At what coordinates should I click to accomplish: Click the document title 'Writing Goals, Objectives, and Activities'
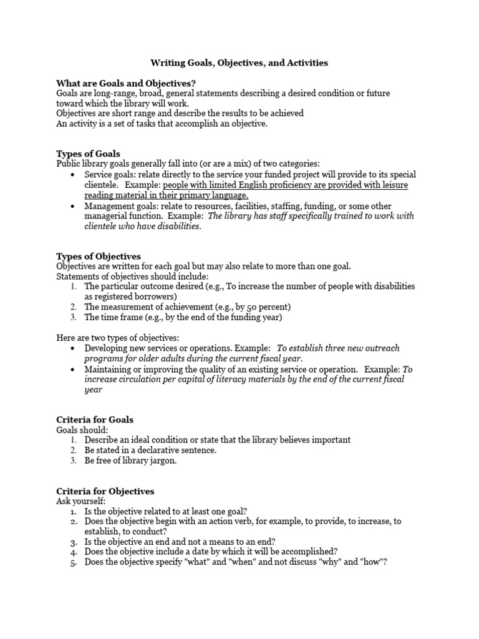click(239, 63)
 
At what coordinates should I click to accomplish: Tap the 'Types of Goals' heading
click(88, 154)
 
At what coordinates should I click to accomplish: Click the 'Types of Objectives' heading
click(98, 256)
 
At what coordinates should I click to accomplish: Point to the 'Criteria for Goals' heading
click(95, 419)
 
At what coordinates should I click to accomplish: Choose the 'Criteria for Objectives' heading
click(105, 491)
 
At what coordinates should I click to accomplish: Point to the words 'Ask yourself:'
click(81, 501)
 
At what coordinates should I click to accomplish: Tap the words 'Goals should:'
click(82, 430)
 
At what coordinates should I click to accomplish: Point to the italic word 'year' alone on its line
click(93, 389)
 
